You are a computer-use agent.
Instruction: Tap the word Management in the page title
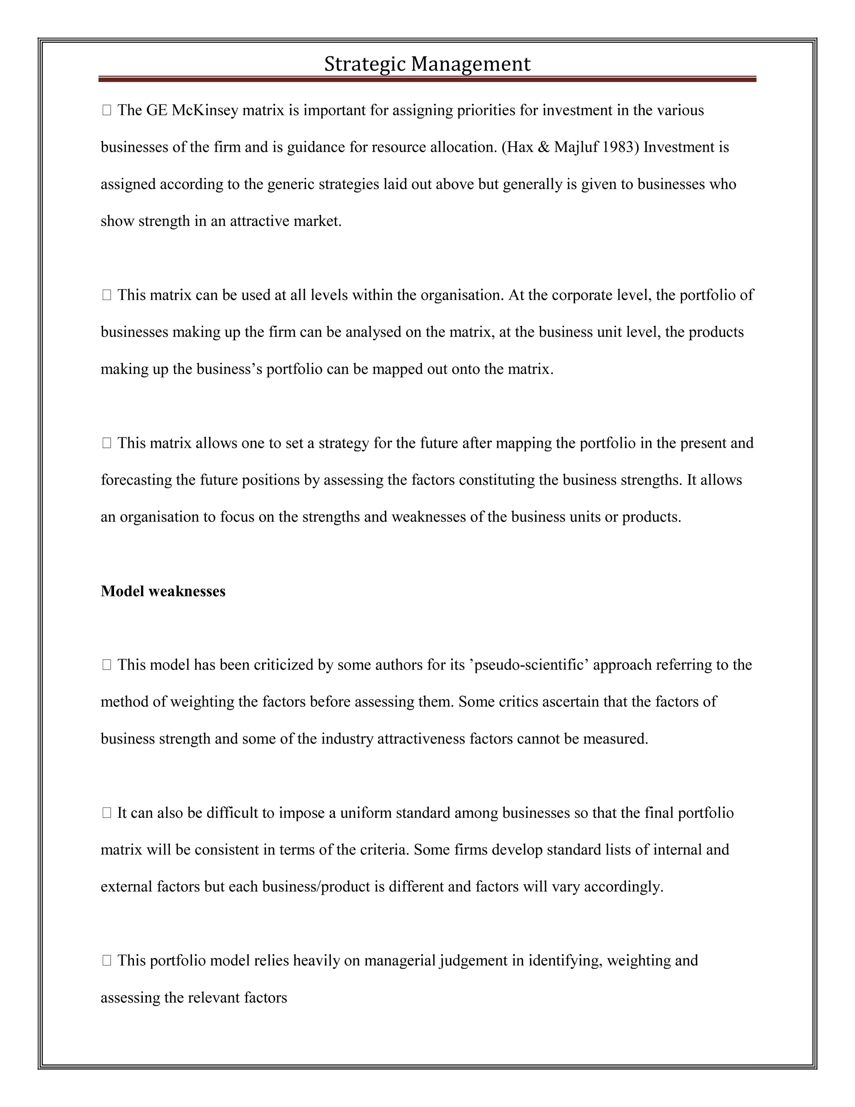point(471,64)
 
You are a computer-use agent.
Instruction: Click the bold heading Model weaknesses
point(163,591)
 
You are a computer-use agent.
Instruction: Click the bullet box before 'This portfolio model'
point(106,960)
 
